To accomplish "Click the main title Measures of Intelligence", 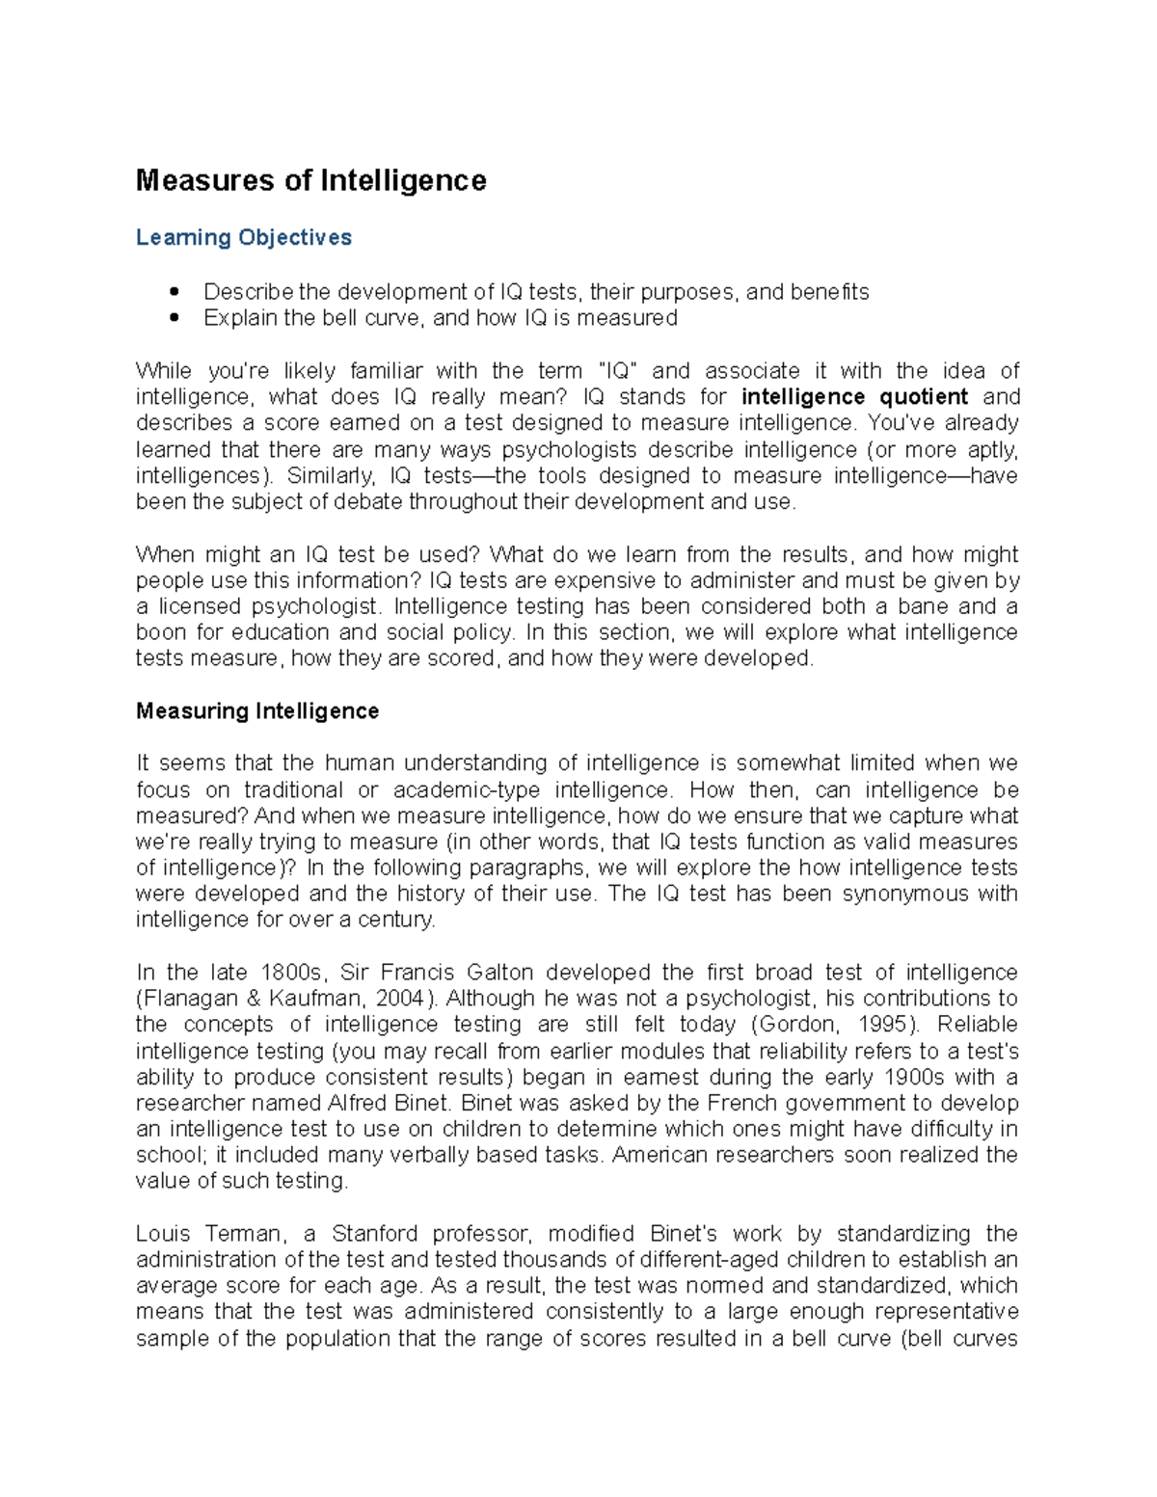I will pos(310,180).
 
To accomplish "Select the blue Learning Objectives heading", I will pos(243,237).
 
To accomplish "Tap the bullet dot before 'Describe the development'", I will pos(175,291).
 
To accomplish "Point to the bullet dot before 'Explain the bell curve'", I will pos(175,317).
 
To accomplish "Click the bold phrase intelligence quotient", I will pos(854,397).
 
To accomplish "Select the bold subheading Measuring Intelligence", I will pos(257,711).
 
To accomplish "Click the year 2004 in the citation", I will pos(398,999).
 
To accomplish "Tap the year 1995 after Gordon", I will pos(885,1025).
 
